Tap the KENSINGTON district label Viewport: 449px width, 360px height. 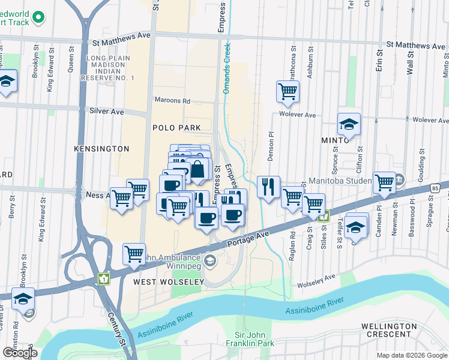click(101, 148)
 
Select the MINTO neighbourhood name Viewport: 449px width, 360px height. click(335, 140)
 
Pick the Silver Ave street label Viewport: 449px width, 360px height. click(106, 112)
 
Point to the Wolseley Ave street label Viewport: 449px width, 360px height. click(313, 280)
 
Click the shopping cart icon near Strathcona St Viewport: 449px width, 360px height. click(288, 92)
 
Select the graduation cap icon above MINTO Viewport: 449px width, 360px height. click(348, 124)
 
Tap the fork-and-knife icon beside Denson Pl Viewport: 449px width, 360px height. click(268, 186)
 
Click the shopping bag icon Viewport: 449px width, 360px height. click(197, 170)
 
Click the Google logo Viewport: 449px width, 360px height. click(20, 353)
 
